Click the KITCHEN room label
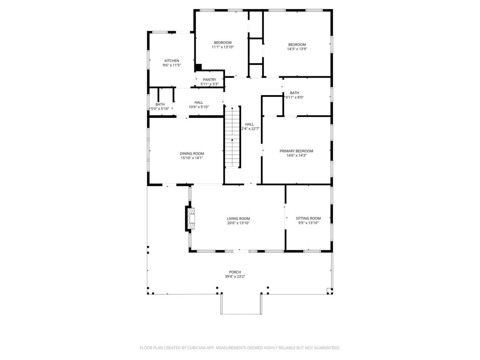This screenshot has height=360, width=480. coord(172,60)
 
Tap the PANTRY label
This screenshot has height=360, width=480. coord(209,80)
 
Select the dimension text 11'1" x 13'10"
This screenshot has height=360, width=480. coord(223,47)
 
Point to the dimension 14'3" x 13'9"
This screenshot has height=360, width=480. coord(297,49)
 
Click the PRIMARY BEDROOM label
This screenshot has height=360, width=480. coord(296,151)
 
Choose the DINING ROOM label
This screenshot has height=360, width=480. coord(192,154)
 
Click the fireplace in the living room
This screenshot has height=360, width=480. coord(191,218)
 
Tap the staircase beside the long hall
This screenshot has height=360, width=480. coord(232,137)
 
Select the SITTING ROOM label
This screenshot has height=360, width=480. coord(308,218)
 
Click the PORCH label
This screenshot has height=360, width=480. coord(235,272)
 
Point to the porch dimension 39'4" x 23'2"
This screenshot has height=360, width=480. coord(235,276)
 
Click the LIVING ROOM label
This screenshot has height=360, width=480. coord(238,218)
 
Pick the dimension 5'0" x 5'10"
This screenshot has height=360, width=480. coord(160,109)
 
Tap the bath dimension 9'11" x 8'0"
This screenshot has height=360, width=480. coord(294,97)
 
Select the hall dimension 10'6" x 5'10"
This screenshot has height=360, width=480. coord(199,107)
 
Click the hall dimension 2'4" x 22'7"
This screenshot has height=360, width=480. coord(250,129)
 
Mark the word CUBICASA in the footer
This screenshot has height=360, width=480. coord(196,348)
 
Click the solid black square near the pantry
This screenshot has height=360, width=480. coord(198,67)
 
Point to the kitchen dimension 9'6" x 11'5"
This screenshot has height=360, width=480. coord(172,65)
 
